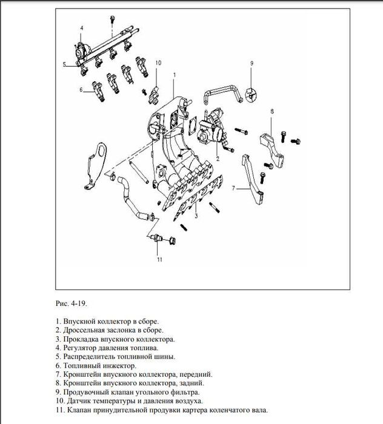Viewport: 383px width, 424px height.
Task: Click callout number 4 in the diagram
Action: click(82, 28)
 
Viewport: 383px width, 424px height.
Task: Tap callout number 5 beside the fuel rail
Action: click(64, 64)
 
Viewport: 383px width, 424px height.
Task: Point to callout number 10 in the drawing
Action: click(158, 63)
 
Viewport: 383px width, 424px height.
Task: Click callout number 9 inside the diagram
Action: click(250, 63)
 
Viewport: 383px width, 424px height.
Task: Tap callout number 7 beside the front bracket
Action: click(232, 188)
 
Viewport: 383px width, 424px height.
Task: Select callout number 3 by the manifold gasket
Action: click(196, 215)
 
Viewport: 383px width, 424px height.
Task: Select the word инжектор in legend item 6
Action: click(118, 366)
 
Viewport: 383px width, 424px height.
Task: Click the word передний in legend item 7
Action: click(195, 374)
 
